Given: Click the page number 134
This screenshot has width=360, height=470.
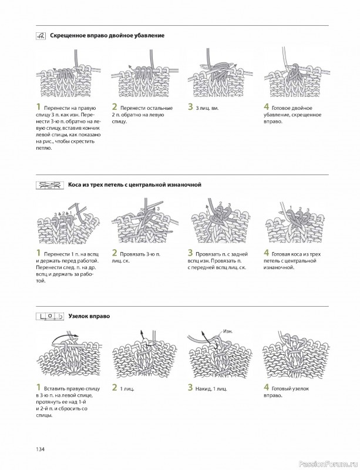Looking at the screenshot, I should point(41,449).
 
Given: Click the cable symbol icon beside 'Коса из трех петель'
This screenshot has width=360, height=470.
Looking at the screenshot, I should point(51,184).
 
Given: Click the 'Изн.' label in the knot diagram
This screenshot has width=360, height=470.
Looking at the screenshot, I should point(227,331).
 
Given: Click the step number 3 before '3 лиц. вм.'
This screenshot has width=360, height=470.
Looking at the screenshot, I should point(191,107).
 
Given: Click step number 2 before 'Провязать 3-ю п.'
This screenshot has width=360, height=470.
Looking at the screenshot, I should point(115,253).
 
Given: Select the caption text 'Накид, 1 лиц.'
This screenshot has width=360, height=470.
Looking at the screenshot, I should point(214,388).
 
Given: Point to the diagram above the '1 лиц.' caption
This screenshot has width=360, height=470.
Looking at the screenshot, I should point(139,356).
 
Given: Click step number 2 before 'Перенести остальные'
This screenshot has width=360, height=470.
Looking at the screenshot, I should point(115,107).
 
